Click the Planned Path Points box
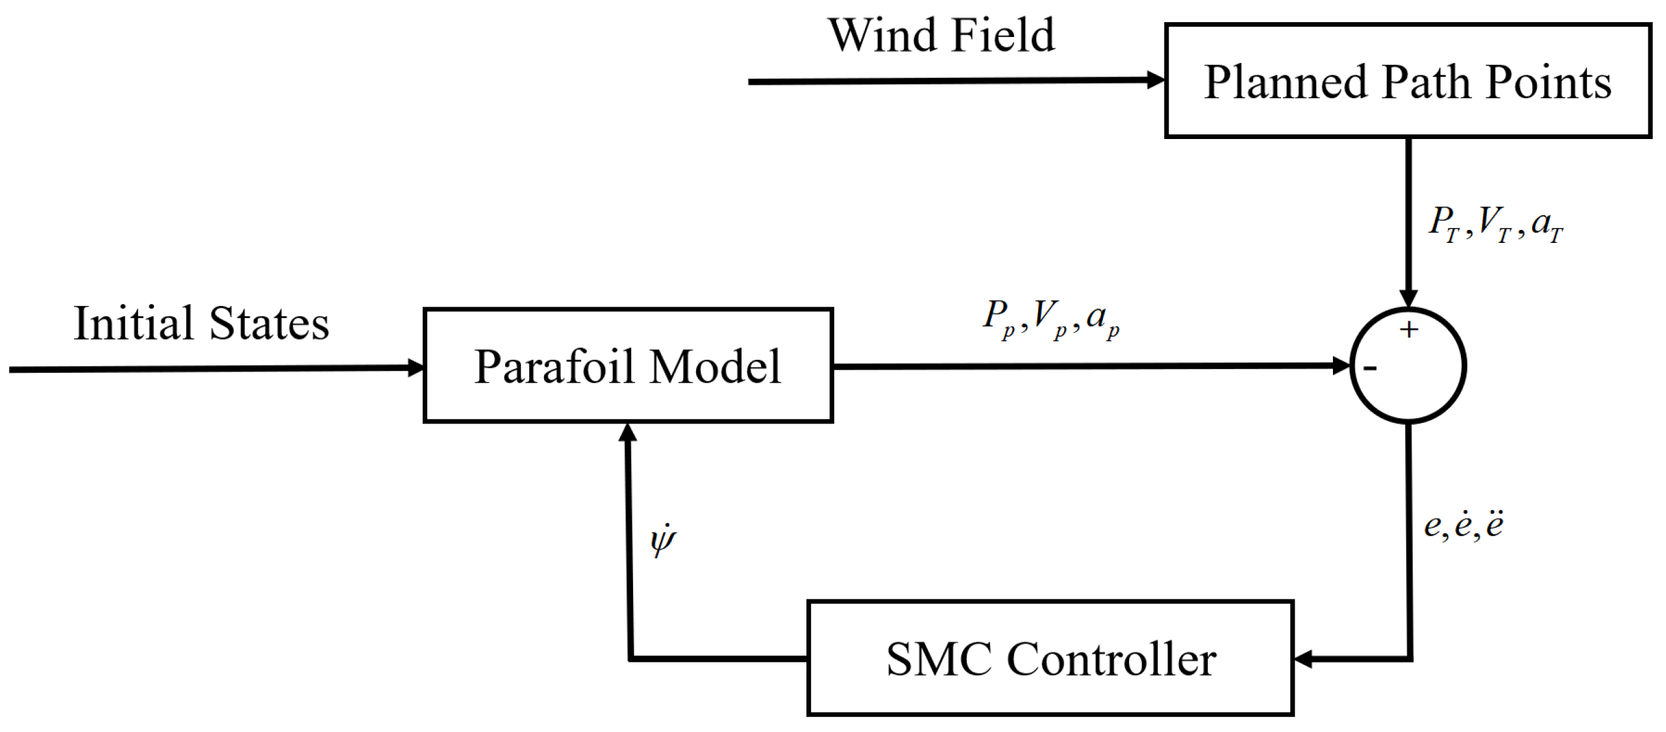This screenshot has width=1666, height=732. pyautogui.click(x=1408, y=81)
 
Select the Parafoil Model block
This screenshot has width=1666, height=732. pyautogui.click(x=627, y=366)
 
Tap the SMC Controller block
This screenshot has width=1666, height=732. pyautogui.click(x=1051, y=659)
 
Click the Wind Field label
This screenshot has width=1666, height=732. pyautogui.click(x=941, y=35)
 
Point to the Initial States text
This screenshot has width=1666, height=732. pyautogui.click(x=201, y=323)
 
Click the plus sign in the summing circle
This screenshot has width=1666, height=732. pyautogui.click(x=1409, y=330)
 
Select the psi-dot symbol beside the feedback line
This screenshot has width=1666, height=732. pyautogui.click(x=663, y=540)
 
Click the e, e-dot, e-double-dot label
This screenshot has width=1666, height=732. pyautogui.click(x=1463, y=525)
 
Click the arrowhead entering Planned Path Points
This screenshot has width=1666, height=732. pyautogui.click(x=1156, y=81)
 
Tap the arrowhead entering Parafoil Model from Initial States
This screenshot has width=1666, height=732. pyautogui.click(x=416, y=368)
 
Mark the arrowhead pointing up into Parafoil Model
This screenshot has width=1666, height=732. pyautogui.click(x=627, y=433)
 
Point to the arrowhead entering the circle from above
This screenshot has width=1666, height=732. pyautogui.click(x=1408, y=299)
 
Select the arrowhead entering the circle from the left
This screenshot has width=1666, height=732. pyautogui.click(x=1341, y=366)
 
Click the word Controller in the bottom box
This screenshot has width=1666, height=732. pyautogui.click(x=1112, y=660)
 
